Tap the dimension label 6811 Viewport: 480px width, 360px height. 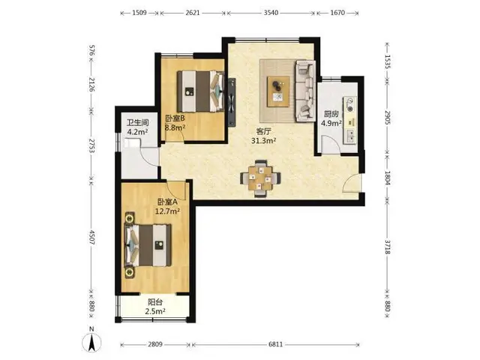pos(275,344)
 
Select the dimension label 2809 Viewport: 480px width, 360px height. pos(155,344)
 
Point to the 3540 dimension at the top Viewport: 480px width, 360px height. pos(271,13)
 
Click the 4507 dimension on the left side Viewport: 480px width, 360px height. pos(91,237)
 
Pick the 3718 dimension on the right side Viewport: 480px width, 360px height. pos(387,247)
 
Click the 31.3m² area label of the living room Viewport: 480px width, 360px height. pos(263,141)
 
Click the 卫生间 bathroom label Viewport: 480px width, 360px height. pos(138,123)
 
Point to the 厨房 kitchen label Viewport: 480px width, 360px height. pos(331,115)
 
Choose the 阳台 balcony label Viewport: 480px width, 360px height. pos(155,302)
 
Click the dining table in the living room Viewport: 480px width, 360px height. pos(260,178)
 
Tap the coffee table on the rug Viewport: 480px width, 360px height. pos(278,91)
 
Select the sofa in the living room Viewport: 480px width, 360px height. pos(305,91)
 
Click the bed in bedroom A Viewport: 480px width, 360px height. pos(148,245)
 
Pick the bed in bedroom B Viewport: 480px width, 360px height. pos(201,91)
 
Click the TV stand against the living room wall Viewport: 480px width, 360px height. pos(232,102)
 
